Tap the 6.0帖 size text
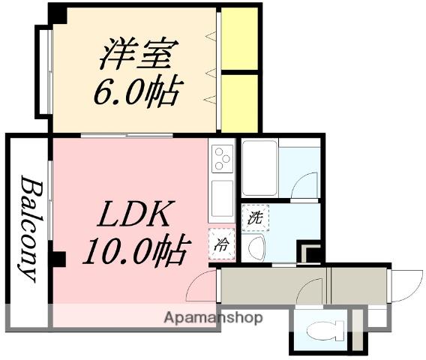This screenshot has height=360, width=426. coord(136,92)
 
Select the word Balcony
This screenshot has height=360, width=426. coord(28,228)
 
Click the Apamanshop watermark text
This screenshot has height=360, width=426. coord(213,318)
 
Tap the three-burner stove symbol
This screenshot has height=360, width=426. coord(223,159)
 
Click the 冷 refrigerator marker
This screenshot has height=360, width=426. coord(223,244)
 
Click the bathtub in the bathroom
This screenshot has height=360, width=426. coord(259,167)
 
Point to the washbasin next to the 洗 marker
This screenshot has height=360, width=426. coord(256,246)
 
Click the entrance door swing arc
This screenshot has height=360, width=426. coord(406,288)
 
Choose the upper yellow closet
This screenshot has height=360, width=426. coord(240,38)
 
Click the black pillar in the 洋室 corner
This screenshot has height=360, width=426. coord(57,13)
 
